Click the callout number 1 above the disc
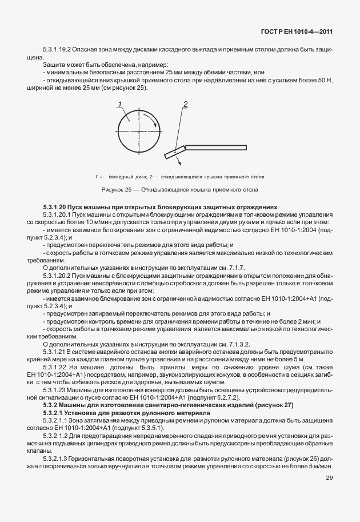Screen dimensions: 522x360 pos(120,104)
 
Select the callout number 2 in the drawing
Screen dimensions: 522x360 pos(185,104)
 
